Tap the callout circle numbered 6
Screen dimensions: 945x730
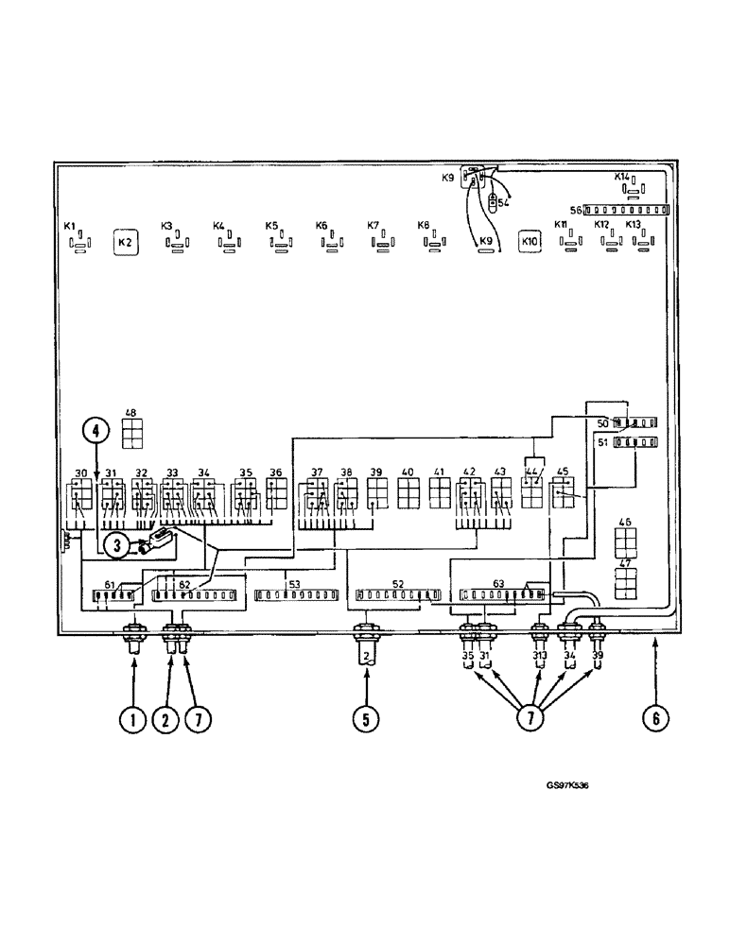tap(653, 719)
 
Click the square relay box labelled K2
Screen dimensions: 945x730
tap(126, 243)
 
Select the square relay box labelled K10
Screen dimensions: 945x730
tap(530, 243)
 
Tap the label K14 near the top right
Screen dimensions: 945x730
tap(621, 177)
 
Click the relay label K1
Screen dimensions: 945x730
tap(69, 227)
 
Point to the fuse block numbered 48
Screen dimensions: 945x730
tap(131, 433)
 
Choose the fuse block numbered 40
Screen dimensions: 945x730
tap(409, 493)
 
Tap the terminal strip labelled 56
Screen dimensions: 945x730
tap(627, 210)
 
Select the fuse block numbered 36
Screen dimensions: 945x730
tap(276, 493)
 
